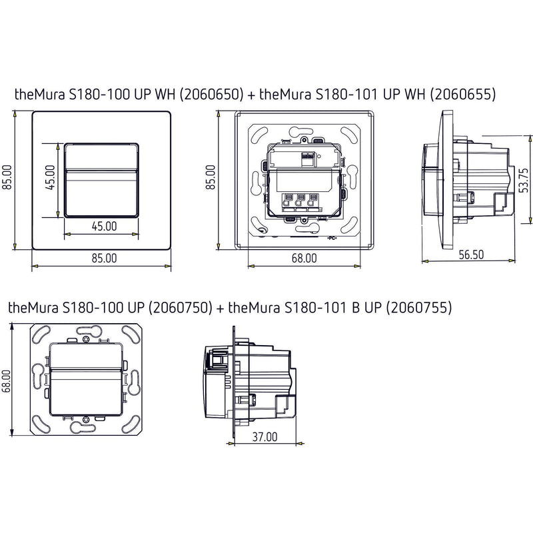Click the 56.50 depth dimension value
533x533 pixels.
click(x=471, y=255)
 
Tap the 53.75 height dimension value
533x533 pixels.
click(x=524, y=180)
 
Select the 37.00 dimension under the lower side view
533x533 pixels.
click(x=265, y=437)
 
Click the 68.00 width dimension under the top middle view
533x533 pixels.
click(x=304, y=258)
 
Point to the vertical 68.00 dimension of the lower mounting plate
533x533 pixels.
click(x=6, y=380)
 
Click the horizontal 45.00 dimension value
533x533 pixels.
click(x=105, y=226)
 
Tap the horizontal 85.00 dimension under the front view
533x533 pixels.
click(x=104, y=258)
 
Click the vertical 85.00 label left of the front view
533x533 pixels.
click(x=7, y=177)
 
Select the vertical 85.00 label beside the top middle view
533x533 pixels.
click(x=210, y=177)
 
